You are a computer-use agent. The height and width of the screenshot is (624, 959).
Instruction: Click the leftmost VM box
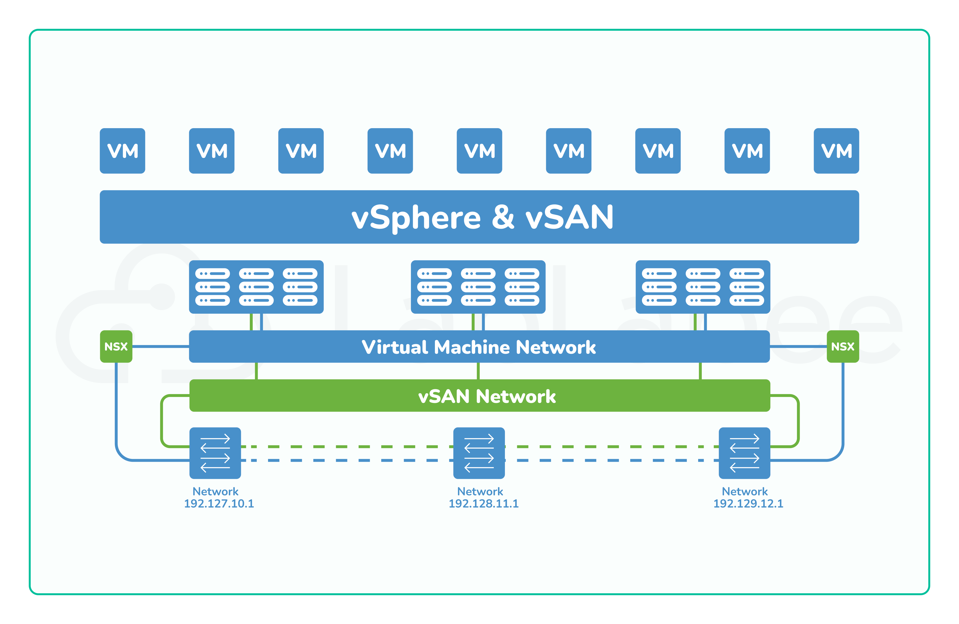click(123, 151)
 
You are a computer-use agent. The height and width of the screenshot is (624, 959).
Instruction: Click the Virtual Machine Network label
click(479, 347)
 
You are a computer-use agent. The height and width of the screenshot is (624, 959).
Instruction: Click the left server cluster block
click(256, 287)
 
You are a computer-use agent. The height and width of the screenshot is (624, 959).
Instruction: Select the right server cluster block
click(703, 287)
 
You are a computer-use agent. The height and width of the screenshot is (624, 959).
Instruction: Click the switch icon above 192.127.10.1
click(215, 453)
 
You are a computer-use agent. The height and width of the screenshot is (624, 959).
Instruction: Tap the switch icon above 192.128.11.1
click(479, 453)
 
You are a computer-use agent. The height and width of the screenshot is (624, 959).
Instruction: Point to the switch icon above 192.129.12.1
click(744, 453)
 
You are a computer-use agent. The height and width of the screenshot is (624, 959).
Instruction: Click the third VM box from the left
click(301, 151)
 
